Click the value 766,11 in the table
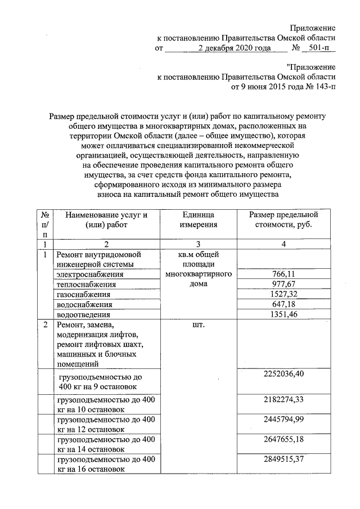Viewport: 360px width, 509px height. tap(283, 274)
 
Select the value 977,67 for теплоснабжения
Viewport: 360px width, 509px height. tap(283, 284)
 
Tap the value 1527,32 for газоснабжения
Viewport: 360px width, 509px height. tap(283, 294)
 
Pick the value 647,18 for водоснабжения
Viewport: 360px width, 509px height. tap(283, 304)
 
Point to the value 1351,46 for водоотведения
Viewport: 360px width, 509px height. tap(283, 314)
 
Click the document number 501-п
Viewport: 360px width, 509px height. tap(318, 48)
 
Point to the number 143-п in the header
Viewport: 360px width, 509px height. tap(321, 87)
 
